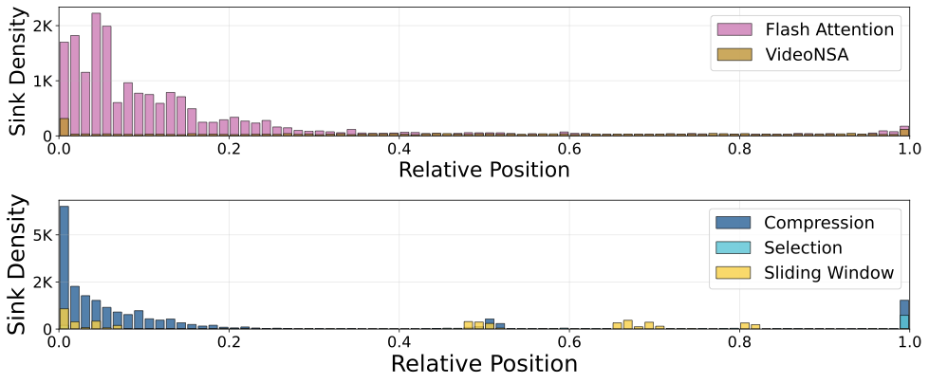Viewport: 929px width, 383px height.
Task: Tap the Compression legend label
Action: [818, 223]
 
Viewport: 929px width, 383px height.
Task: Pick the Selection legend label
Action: [803, 248]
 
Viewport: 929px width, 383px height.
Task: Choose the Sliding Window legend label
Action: [829, 273]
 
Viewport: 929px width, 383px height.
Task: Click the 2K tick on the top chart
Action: [40, 27]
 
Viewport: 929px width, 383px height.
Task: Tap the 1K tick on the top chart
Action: [40, 82]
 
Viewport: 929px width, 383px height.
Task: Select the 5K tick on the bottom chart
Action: [40, 237]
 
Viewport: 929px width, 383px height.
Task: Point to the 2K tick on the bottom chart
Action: [40, 283]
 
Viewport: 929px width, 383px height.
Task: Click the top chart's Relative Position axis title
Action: [484, 171]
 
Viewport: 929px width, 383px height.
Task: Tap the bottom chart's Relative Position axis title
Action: [484, 363]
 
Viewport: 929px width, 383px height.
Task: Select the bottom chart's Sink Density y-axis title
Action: [17, 265]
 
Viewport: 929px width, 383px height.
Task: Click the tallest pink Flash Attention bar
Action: [96, 76]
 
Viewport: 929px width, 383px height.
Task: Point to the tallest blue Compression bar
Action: [64, 265]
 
